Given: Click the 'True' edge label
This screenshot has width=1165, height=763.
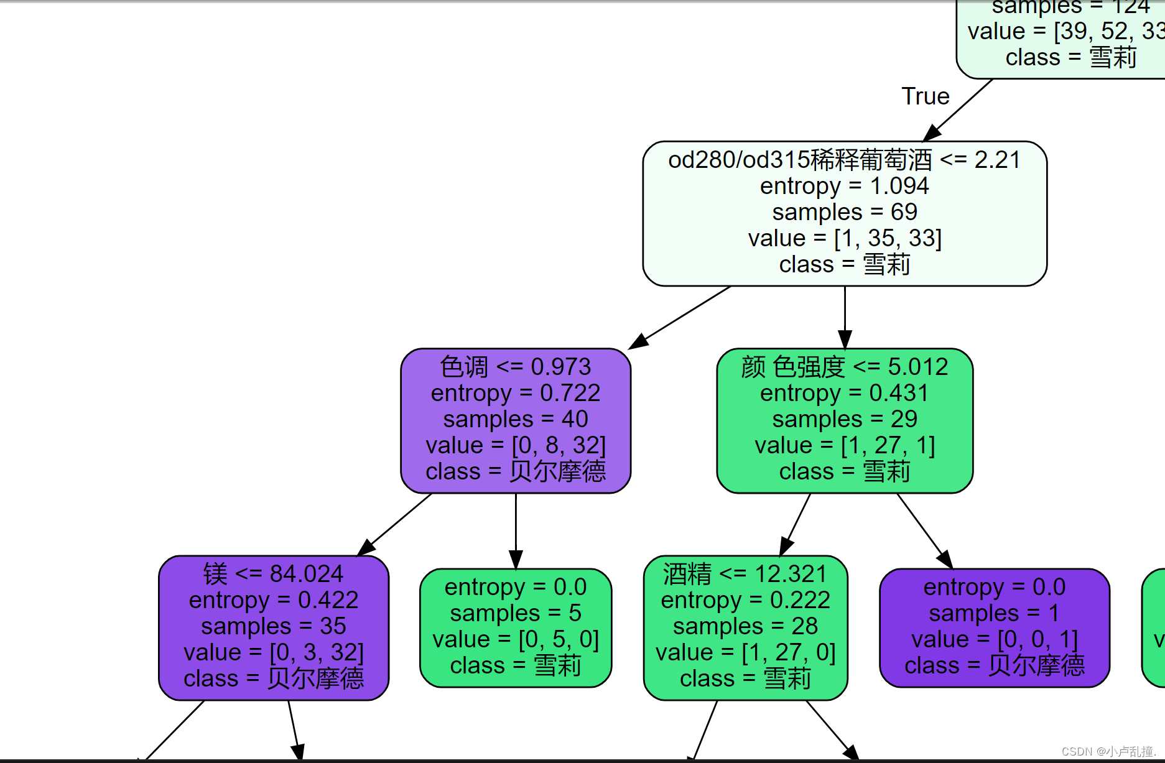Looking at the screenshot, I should [x=925, y=96].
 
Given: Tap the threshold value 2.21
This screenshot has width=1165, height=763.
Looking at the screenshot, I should [x=997, y=160].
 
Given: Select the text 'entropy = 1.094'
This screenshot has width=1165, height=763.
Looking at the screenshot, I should [x=844, y=186].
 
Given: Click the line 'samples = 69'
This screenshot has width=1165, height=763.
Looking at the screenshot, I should [x=844, y=212].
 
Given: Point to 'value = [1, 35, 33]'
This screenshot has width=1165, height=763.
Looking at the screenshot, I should [x=844, y=238].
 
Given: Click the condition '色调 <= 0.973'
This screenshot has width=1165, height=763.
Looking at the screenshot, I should [x=515, y=367].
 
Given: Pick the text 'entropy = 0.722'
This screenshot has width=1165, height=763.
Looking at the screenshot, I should [x=515, y=393].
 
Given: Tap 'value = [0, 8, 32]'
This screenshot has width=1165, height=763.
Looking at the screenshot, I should [x=515, y=445].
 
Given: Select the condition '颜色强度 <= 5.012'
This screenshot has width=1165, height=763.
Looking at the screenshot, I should [x=844, y=367].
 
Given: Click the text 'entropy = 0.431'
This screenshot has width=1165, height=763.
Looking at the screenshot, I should [x=844, y=393].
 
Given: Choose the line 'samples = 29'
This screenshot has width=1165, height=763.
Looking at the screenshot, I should [x=844, y=419].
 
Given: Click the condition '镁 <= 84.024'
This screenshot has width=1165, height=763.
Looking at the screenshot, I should [x=273, y=573].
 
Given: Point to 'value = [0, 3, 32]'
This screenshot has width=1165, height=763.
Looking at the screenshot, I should [x=273, y=652].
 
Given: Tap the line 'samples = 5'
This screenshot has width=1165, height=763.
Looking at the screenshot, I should [x=515, y=613].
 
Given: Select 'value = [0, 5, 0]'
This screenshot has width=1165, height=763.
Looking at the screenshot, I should [x=515, y=639].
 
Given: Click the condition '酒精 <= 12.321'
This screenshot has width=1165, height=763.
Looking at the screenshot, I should [x=745, y=573].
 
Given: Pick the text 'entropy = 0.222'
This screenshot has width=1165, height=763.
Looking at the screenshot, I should [x=745, y=600].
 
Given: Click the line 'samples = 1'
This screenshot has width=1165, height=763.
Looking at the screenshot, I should [x=993, y=613].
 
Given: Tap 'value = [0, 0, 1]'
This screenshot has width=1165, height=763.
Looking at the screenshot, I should [x=993, y=639].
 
